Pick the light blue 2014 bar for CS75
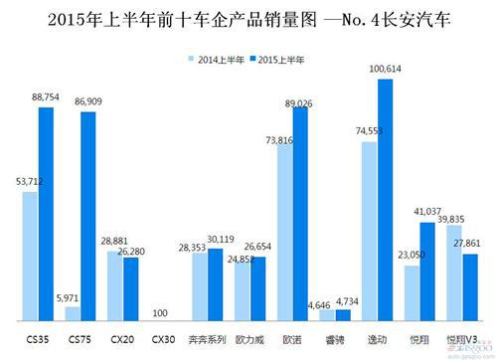[x=72, y=313]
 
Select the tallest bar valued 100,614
[x=386, y=199]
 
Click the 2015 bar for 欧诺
[x=300, y=214]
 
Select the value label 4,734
[x=347, y=300]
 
